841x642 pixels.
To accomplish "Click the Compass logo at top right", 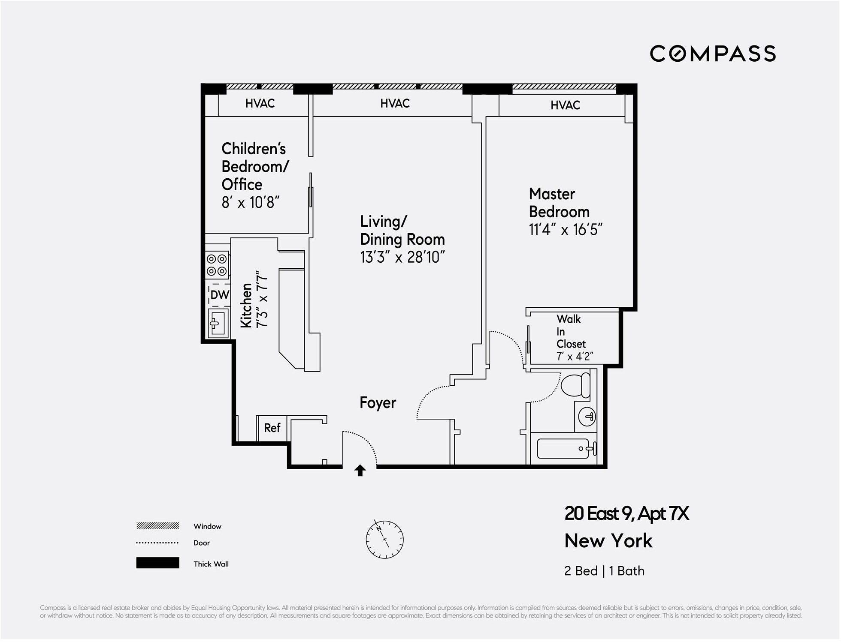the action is pos(713,54).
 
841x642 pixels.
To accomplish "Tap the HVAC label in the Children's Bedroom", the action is pos(260,103).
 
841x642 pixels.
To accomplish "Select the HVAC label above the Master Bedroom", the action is pos(565,105).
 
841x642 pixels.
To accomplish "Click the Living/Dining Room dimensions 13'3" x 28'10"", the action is pos(402,257).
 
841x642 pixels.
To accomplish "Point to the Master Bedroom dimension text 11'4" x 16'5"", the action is pos(566,230).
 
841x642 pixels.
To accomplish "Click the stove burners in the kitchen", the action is pos(217,265).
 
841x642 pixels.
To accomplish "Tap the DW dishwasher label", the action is pos(220,295).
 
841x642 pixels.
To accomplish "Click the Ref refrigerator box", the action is pos(272,428).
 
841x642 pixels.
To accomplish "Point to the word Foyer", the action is pos(378,403).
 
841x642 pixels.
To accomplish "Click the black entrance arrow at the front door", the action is pos(360,471).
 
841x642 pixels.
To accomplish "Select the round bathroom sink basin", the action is pos(587,416).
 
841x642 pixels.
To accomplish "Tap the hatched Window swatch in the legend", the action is pos(157,526).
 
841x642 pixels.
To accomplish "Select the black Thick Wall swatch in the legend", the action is pos(157,563).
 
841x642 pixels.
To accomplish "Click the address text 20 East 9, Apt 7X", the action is pos(627,513).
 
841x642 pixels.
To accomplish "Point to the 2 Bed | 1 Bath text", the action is pos(605,571).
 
